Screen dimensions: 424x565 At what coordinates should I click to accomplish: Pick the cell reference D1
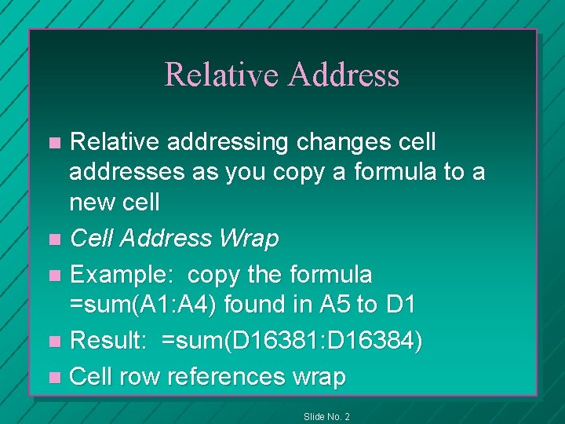(402, 305)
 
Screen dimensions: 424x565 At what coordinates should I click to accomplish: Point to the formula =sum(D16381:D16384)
(292, 342)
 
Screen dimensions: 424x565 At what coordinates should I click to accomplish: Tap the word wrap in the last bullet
(319, 376)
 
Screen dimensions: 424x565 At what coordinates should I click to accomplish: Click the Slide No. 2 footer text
(326, 416)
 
